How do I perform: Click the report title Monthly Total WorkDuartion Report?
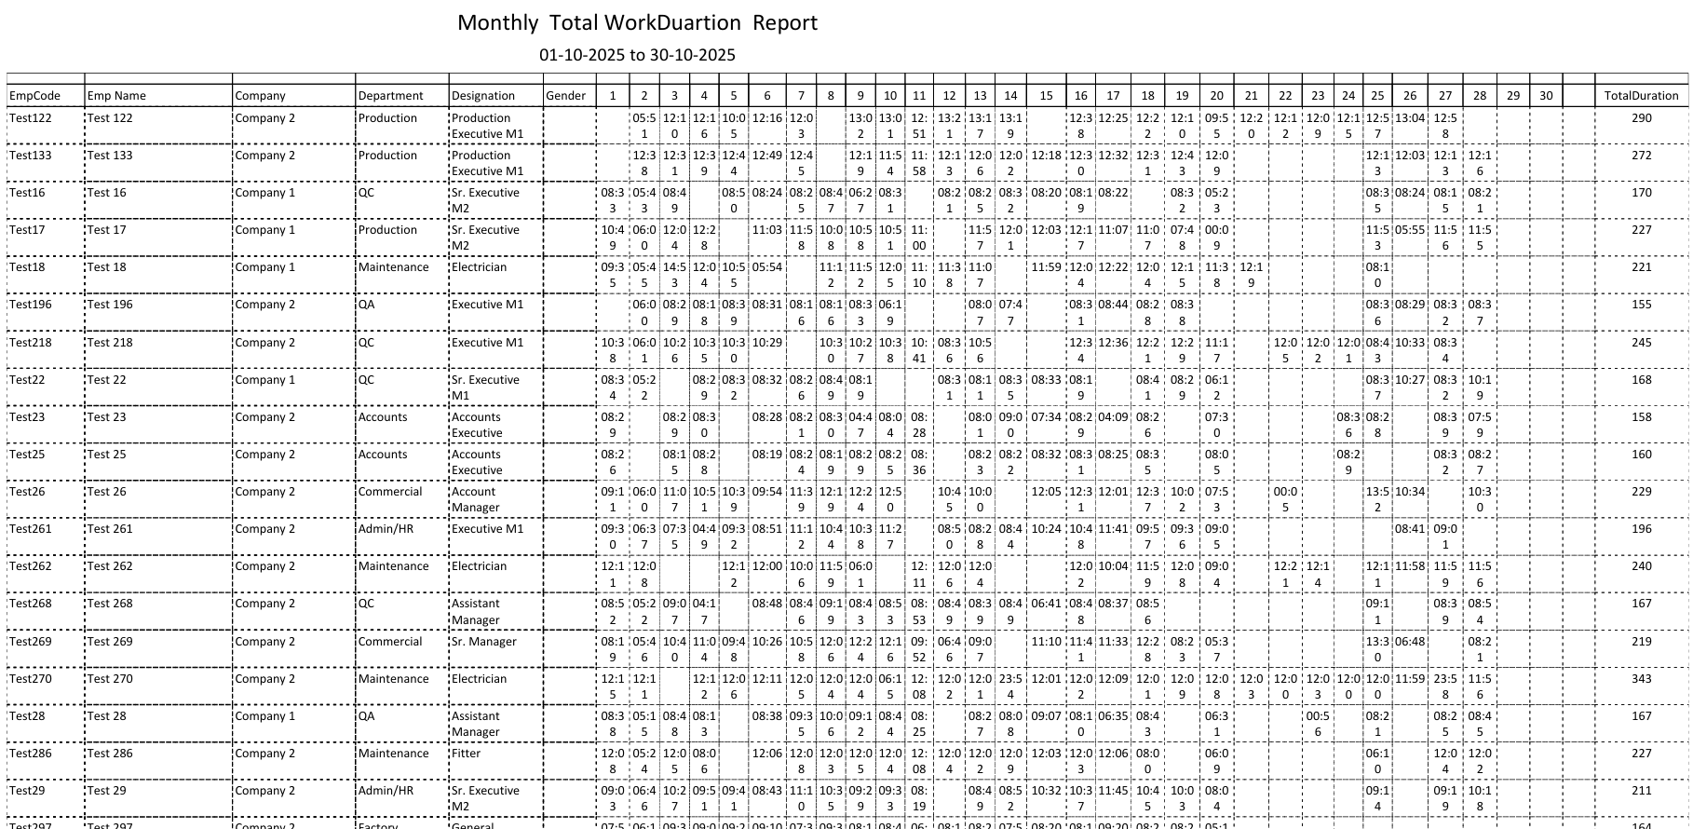coord(637,23)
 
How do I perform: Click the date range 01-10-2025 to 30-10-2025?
coord(637,55)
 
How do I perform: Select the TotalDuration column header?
coord(1641,96)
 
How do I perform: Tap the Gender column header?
coord(565,96)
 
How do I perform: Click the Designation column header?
coord(483,96)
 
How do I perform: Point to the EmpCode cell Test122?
coord(31,118)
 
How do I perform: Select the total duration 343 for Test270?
coord(1641,679)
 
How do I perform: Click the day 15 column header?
coord(1046,96)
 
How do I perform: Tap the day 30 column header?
coord(1546,96)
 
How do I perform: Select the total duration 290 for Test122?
coord(1641,118)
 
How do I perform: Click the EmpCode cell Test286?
coord(32,754)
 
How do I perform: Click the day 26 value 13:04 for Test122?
coord(1410,118)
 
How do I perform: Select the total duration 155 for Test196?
coord(1641,305)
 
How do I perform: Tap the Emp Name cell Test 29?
coord(106,791)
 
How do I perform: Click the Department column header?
coord(391,96)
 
